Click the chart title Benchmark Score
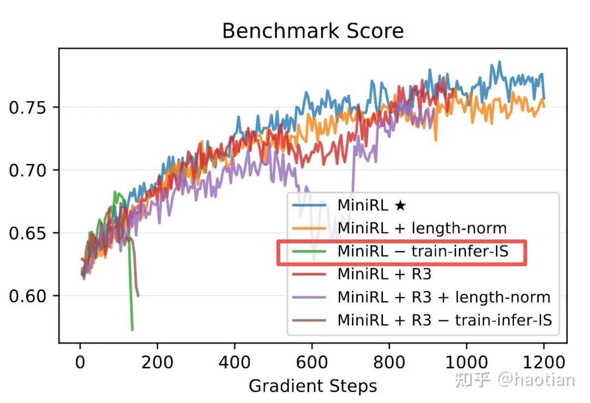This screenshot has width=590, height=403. tap(312, 31)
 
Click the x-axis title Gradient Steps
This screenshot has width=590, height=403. tap(312, 386)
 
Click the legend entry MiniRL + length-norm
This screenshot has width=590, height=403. tap(422, 227)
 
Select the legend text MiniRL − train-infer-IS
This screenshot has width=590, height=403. tap(423, 252)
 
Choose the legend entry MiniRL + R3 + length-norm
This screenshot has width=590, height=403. tap(444, 297)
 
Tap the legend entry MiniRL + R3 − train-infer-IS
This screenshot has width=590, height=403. tap(445, 320)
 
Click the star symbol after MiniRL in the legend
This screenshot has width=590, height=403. tap(400, 206)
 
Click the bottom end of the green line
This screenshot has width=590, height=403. tap(132, 330)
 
